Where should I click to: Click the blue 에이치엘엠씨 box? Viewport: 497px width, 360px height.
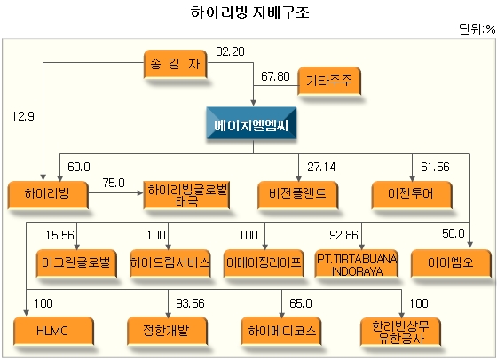251,123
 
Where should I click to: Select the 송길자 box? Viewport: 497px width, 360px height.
176,64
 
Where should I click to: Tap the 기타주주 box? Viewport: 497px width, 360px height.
329,81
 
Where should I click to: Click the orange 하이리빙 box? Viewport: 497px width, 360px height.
48,195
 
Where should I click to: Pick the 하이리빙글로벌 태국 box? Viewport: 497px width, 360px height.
186,195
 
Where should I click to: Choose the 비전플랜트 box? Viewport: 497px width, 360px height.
297,195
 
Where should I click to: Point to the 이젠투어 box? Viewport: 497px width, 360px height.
412,195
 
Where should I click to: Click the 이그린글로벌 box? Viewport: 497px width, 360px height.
76,263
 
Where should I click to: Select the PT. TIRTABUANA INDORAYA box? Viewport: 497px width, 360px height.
356,263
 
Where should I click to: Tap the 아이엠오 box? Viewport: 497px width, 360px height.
451,263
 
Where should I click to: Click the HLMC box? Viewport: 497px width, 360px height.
53,332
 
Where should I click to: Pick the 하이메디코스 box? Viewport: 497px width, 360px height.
281,332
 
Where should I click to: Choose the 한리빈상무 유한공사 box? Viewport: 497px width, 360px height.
400,332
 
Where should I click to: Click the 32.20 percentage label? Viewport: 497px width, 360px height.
230,51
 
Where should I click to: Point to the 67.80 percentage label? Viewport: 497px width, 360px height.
275,76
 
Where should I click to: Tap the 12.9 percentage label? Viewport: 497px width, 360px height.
23,116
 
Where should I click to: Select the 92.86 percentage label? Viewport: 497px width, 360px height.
343,235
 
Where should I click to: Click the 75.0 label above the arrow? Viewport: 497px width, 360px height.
114,183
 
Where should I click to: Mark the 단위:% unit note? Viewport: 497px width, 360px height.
477,29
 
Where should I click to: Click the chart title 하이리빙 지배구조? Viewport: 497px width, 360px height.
249,12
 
